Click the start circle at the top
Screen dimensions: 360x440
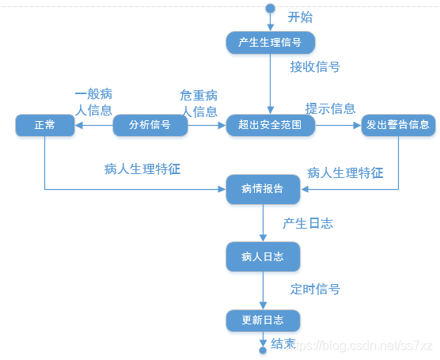click(271, 9)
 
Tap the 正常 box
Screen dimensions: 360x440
click(44, 125)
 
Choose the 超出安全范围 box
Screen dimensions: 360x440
click(264, 125)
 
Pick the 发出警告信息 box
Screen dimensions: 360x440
click(398, 125)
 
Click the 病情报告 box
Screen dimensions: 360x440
click(263, 189)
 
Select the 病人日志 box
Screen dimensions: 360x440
click(263, 256)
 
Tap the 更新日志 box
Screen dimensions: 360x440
click(263, 320)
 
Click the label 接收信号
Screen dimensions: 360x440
click(315, 66)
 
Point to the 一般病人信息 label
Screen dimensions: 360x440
click(93, 101)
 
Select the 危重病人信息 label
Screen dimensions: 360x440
click(199, 101)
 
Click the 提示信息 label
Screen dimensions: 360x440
click(330, 108)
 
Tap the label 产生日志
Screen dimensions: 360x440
click(308, 223)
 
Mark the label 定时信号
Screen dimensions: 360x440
click(315, 289)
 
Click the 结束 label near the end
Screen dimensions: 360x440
click(283, 343)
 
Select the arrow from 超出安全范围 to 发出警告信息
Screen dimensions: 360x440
click(333, 125)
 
